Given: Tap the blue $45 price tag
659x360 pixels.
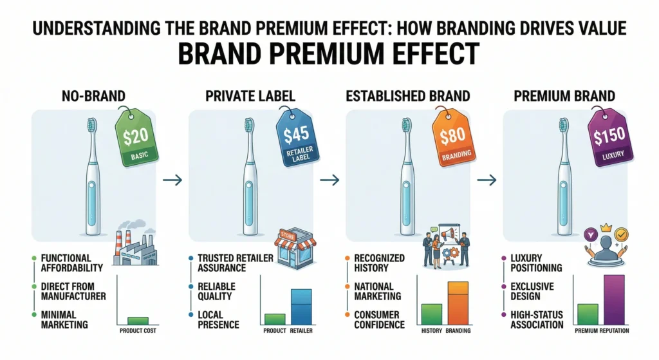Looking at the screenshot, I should click(291, 135).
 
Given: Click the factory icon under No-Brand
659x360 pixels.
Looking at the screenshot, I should click(135, 248).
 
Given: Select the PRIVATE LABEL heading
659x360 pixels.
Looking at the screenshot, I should click(249, 97).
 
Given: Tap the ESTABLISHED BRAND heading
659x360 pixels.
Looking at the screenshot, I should click(408, 97).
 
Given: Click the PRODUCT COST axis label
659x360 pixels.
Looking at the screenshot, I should click(137, 331).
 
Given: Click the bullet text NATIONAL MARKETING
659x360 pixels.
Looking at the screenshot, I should click(378, 290).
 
